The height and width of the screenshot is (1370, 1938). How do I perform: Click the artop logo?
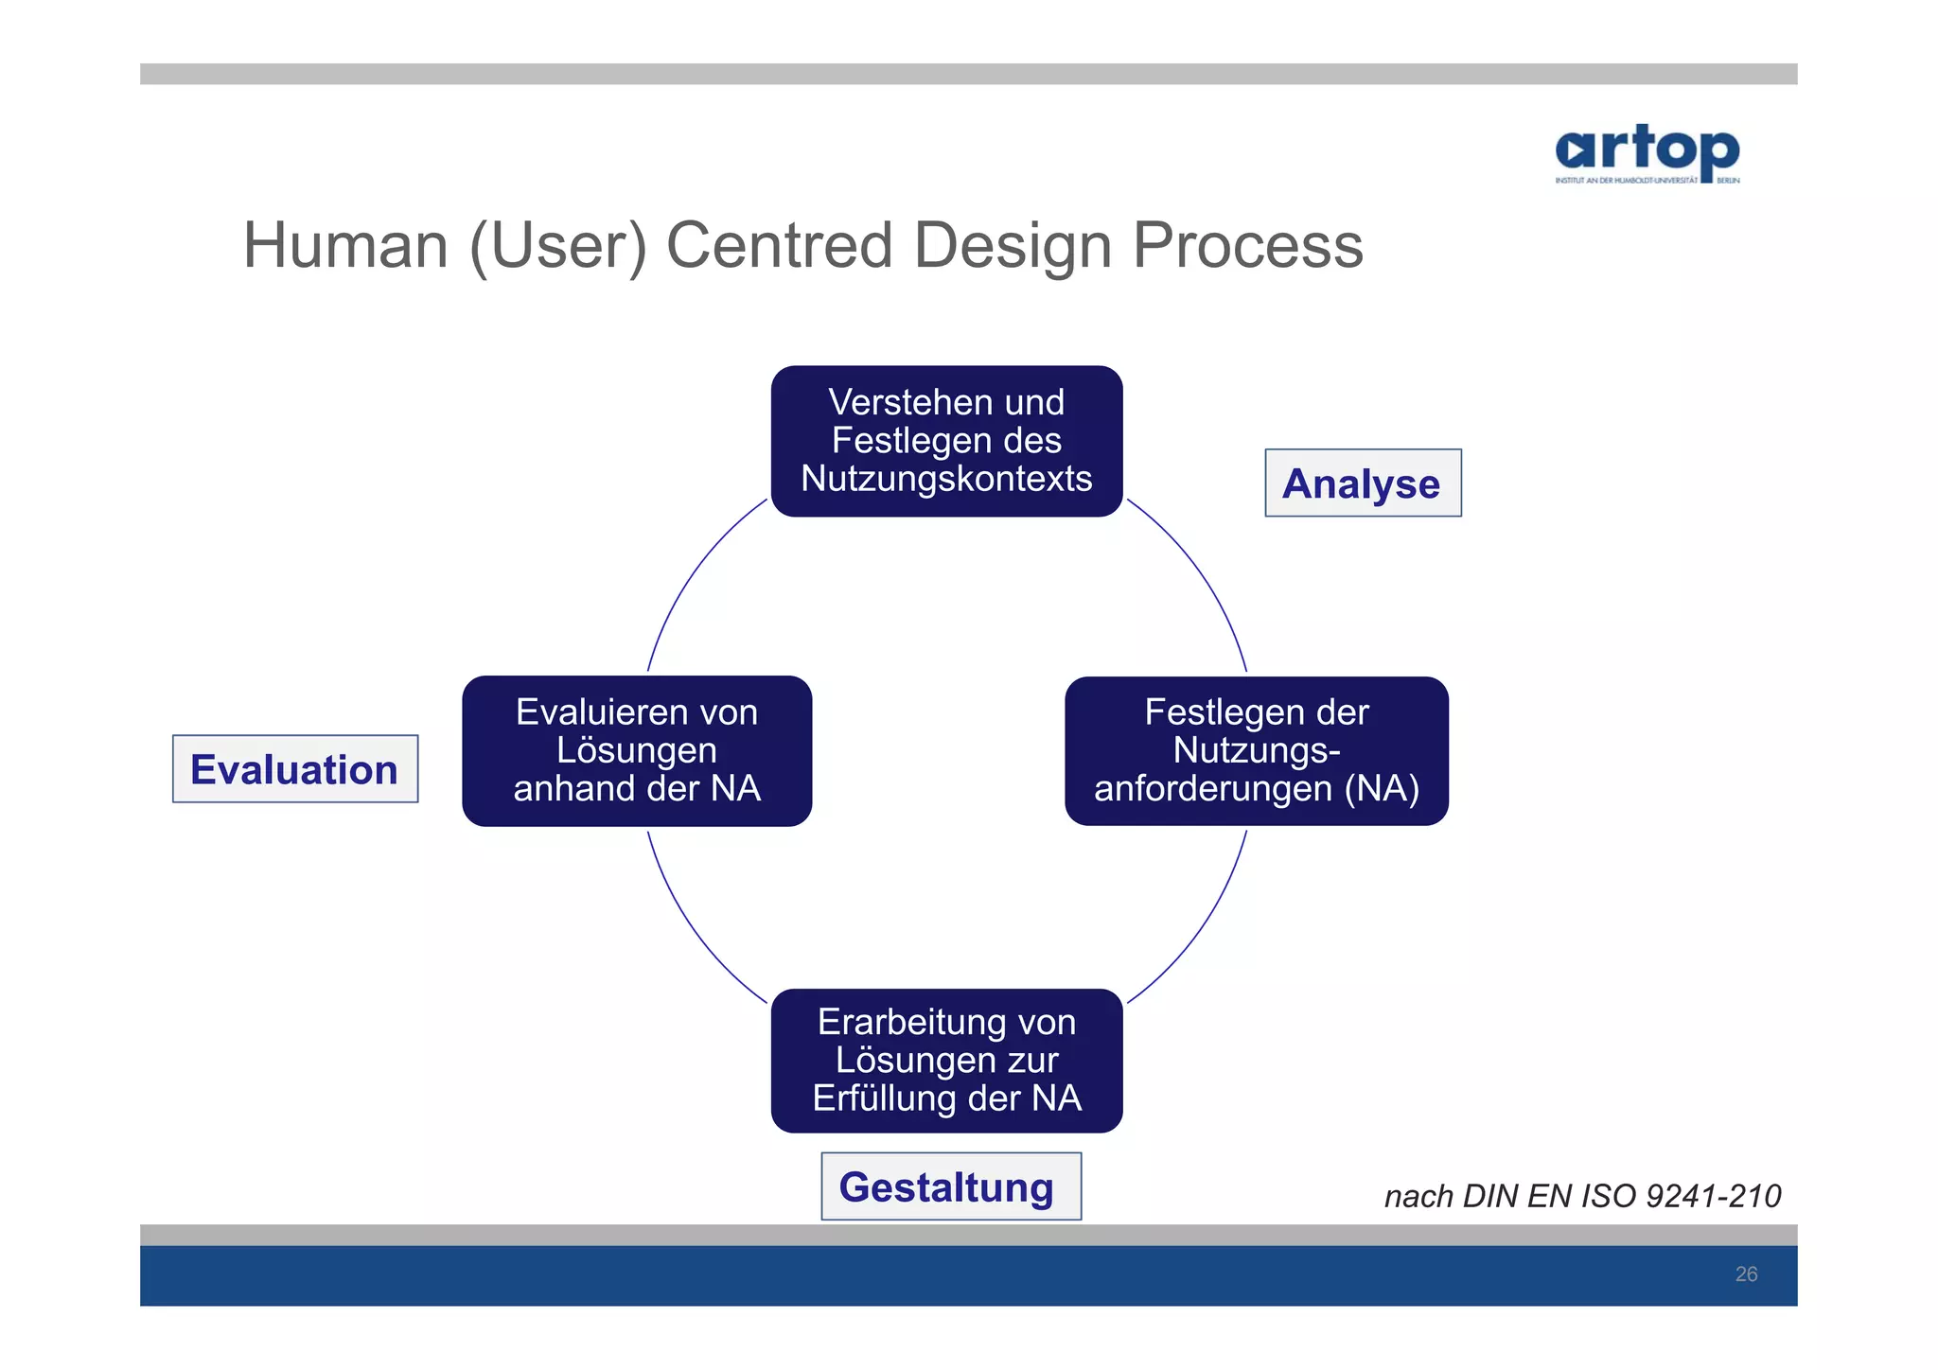(1647, 153)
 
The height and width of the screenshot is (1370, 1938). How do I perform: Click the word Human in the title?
(345, 246)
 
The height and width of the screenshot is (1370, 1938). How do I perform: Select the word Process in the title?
(1247, 246)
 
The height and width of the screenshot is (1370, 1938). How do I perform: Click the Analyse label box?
(1363, 483)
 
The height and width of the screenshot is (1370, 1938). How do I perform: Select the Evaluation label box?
(294, 769)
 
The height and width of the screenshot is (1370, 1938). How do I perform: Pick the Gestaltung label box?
(950, 1186)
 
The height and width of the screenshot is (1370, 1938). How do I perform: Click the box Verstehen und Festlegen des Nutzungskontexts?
(946, 441)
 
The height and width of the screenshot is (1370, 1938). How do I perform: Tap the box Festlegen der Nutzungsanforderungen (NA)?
(1256, 751)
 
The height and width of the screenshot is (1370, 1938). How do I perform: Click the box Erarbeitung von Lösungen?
(946, 1061)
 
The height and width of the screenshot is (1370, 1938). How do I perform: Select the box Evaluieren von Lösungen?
(637, 751)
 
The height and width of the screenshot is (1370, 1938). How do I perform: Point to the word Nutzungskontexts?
(946, 480)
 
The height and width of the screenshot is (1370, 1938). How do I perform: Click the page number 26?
(1746, 1274)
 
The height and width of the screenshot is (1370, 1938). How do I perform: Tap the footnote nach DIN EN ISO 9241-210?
(1582, 1197)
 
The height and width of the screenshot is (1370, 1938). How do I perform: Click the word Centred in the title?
(780, 246)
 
